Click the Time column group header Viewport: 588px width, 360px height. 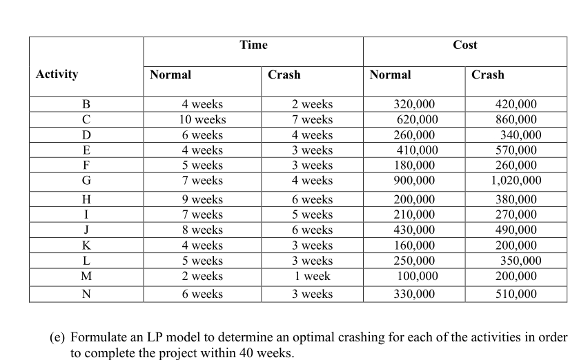(253, 45)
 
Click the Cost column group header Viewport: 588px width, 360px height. (464, 45)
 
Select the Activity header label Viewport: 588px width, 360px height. (57, 74)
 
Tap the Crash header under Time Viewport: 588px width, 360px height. (284, 74)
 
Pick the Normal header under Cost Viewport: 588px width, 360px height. (390, 74)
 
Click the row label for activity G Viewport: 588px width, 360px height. (86, 181)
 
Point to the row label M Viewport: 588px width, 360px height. (86, 276)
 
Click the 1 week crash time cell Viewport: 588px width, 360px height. (312, 276)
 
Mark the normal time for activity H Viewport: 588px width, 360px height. (202, 200)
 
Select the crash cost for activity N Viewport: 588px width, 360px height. (516, 294)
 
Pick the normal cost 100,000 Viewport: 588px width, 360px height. (418, 276)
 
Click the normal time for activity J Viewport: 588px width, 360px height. (202, 230)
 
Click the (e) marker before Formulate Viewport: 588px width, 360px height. (59, 338)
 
